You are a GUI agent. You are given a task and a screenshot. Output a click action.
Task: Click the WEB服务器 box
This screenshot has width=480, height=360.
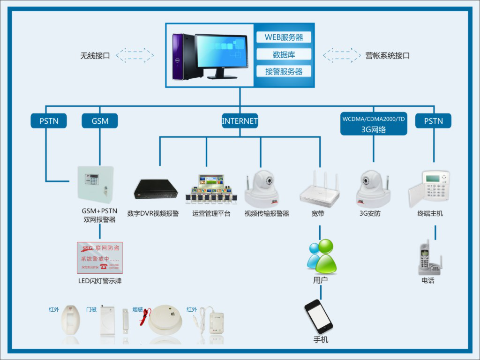(x=284, y=37)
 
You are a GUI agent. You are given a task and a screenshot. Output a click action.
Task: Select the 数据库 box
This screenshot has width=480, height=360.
(x=284, y=54)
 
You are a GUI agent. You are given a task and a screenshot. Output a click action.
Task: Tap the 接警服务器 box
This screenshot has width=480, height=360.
(x=284, y=71)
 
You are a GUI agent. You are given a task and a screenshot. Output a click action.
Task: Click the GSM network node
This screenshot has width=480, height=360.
(x=100, y=121)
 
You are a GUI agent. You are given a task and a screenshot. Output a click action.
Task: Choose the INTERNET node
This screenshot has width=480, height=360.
(x=240, y=121)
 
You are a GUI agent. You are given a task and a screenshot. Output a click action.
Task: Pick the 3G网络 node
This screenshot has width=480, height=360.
(x=374, y=124)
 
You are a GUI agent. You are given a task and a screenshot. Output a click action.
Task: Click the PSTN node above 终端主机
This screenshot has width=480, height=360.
(x=433, y=121)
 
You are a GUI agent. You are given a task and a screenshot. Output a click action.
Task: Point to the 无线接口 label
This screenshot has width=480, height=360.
(x=95, y=55)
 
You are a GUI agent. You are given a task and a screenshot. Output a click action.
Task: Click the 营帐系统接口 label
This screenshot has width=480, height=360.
(x=388, y=55)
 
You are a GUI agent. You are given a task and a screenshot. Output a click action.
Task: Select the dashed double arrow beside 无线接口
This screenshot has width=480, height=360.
(x=135, y=54)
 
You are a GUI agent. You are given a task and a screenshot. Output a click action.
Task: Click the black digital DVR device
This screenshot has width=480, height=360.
(x=156, y=188)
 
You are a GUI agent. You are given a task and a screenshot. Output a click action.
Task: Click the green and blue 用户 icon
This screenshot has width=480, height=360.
(x=322, y=257)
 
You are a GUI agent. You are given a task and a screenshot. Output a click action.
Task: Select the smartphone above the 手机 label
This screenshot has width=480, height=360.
(x=318, y=316)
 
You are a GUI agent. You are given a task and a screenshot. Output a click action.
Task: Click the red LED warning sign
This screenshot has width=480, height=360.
(x=99, y=258)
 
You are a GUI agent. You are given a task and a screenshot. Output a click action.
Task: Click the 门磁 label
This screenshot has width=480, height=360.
(x=91, y=310)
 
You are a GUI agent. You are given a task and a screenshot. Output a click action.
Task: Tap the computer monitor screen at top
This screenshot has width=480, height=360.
(x=221, y=52)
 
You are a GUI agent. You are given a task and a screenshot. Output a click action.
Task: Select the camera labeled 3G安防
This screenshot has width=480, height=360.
(x=374, y=188)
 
